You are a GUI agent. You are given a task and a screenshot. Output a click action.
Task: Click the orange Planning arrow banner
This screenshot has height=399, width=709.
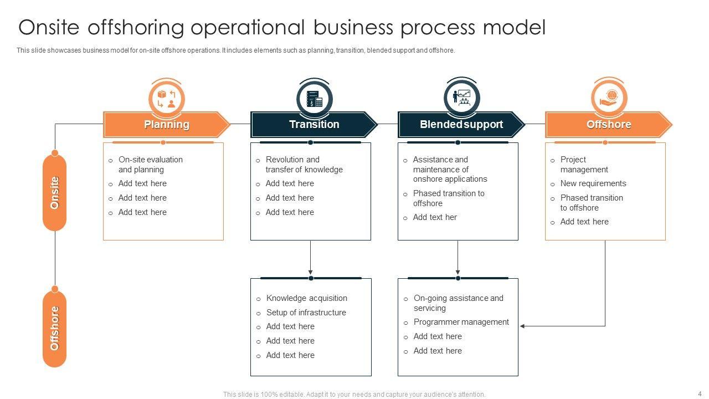coord(166,125)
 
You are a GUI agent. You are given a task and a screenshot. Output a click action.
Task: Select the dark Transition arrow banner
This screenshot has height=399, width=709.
coord(314,125)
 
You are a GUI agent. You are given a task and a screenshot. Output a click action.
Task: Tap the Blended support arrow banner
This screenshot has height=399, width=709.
coord(461,125)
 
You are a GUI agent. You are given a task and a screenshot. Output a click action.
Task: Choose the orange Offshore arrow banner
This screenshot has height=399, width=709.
coord(608,125)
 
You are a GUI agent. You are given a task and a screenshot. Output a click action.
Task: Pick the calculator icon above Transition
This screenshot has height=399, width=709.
coord(314,99)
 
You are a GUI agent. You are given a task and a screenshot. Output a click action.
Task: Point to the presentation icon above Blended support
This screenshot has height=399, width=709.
coord(461,98)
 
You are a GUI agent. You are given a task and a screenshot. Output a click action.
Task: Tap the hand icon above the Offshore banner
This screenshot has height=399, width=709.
coord(609,98)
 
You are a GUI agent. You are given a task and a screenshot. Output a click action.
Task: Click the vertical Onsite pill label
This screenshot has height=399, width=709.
coord(54,192)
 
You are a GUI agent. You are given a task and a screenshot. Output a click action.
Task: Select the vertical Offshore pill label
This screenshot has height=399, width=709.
coord(54,329)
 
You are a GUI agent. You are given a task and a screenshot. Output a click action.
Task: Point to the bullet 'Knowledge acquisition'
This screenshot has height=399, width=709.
coord(306,298)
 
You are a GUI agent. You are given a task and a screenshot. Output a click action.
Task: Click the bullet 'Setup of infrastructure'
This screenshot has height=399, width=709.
coord(306,313)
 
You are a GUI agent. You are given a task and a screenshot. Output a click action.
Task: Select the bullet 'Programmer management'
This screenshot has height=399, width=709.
coord(461,322)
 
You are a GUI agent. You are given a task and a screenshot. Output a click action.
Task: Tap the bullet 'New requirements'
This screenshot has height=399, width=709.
coord(593,183)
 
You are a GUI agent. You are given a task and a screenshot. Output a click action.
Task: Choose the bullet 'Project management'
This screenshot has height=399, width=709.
coord(584,165)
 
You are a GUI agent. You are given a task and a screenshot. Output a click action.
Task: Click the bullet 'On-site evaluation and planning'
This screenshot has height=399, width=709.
coord(150,165)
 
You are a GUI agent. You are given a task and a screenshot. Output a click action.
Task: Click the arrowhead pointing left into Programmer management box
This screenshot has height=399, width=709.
coord(523,326)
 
